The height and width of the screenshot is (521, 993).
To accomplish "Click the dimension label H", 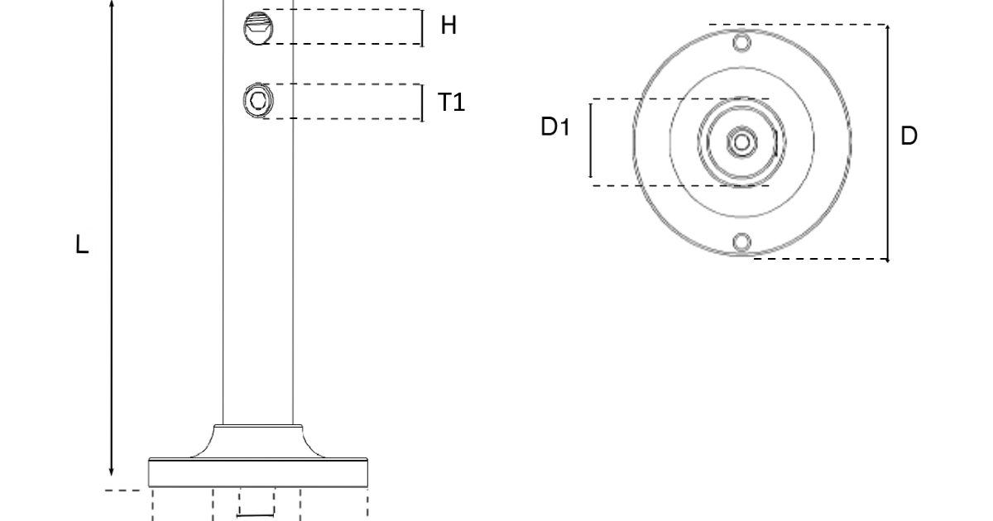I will click(449, 26).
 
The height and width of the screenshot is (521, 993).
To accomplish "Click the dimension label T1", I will click(451, 102).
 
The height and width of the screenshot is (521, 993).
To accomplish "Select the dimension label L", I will click(82, 245).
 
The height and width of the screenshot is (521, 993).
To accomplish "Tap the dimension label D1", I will click(555, 127).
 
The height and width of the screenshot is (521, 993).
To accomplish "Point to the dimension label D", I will click(909, 136).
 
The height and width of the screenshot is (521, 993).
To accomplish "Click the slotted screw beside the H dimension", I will click(256, 27).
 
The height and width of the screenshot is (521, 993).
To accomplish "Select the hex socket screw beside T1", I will click(256, 101).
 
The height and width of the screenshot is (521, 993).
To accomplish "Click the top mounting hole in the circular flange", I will click(742, 42).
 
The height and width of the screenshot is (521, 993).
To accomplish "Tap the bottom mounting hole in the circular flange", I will click(742, 241).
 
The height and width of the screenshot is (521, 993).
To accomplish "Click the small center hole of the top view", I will click(742, 142).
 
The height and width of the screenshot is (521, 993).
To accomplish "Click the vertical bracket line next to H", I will click(422, 27).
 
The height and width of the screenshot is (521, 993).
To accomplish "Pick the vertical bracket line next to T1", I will click(422, 102).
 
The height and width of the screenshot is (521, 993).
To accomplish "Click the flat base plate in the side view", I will click(257, 472).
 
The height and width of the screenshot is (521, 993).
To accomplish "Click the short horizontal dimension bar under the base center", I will click(256, 515).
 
